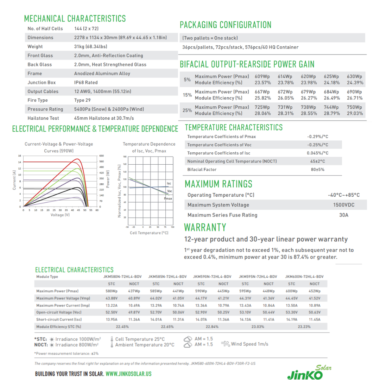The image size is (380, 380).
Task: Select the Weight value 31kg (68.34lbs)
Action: coord(90,46)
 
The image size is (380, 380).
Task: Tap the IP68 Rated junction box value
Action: coord(85,82)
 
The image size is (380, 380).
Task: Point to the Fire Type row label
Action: coord(38,100)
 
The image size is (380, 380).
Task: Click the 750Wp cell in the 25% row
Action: coord(354,107)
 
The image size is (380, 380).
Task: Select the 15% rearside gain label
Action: coord(188,95)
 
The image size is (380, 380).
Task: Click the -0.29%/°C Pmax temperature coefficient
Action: coord(317,137)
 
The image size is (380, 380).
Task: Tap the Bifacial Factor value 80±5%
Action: coord(317,170)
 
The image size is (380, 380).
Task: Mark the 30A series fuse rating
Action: coord(344,215)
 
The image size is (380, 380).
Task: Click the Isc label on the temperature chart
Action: coord(169,184)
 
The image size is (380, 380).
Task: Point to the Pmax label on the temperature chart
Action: coord(168,199)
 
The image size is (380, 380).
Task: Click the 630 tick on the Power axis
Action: coord(102,156)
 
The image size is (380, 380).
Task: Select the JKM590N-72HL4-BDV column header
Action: coord(212,277)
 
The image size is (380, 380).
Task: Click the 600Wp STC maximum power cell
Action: coord(292,291)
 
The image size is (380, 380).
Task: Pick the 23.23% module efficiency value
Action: coord(304,327)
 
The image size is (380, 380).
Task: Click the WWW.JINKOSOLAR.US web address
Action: coord(128,374)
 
